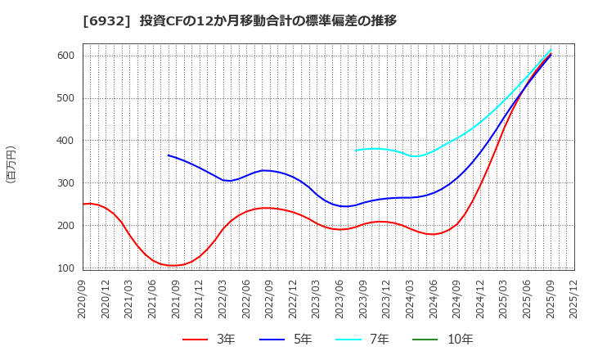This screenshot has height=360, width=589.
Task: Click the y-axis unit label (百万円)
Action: (x=11, y=164)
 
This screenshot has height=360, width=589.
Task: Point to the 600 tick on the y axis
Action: (x=65, y=56)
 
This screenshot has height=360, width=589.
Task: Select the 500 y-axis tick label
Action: (x=65, y=98)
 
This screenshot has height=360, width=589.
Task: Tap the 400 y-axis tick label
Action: (x=65, y=141)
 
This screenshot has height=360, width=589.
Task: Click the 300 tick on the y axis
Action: (x=65, y=183)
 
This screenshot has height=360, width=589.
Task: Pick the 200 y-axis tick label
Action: (x=65, y=226)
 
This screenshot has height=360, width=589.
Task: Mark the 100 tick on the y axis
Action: (x=65, y=268)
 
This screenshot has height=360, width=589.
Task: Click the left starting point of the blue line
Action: (x=169, y=155)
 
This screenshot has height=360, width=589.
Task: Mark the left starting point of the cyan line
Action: (x=356, y=151)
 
